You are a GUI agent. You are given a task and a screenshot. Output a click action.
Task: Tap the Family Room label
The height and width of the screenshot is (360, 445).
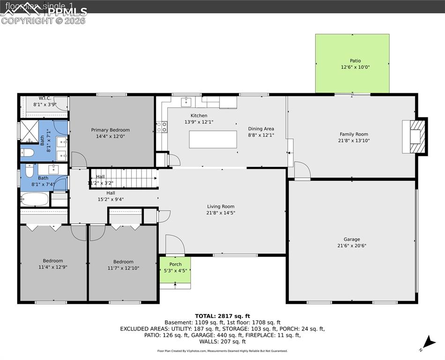(355, 135)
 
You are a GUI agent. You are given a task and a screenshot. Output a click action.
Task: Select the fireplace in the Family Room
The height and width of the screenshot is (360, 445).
(415, 136)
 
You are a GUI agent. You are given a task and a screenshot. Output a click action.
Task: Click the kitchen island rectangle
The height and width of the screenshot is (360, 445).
(213, 139)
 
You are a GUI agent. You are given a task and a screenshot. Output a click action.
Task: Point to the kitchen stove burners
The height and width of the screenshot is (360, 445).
(162, 127)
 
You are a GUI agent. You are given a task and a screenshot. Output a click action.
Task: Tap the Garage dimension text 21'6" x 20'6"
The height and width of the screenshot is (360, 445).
(352, 246)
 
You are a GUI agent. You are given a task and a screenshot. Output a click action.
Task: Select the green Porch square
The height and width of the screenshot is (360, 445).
(175, 270)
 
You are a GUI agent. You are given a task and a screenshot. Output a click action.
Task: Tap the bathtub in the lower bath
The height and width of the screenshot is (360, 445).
(35, 200)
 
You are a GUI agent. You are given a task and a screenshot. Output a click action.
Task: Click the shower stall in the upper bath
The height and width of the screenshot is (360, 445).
(29, 131)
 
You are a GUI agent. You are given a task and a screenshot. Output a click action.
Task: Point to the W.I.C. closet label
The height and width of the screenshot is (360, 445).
(45, 98)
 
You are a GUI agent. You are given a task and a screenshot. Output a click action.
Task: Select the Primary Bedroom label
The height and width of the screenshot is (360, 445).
(111, 130)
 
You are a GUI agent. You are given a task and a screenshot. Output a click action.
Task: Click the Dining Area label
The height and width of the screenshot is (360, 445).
(261, 129)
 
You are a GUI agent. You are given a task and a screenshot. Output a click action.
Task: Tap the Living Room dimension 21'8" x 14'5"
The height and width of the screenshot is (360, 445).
(221, 213)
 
